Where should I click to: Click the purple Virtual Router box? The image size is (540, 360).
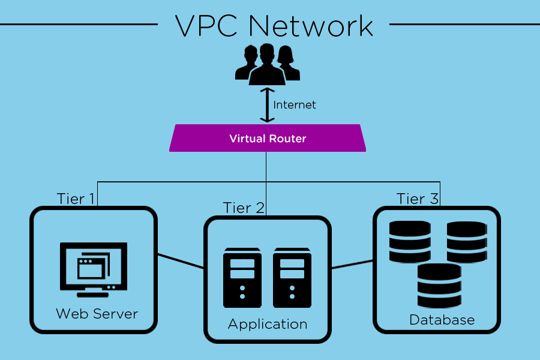click(x=268, y=139)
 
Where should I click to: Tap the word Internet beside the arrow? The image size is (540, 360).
click(x=295, y=105)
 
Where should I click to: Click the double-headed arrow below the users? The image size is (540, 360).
click(x=264, y=104)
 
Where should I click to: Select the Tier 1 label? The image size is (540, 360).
click(x=75, y=199)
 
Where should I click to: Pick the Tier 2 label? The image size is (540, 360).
click(x=244, y=208)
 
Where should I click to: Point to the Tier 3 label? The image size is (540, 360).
click(x=418, y=199)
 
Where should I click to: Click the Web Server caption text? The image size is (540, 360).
click(x=97, y=314)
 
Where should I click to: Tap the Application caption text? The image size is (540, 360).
click(x=268, y=325)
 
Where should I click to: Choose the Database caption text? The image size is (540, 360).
click(x=442, y=320)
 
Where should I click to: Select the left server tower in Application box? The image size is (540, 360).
click(x=242, y=278)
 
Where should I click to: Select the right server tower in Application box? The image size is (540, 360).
click(x=292, y=278)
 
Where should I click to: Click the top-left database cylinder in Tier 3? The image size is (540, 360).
click(x=410, y=241)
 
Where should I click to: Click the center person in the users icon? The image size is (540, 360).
click(x=267, y=65)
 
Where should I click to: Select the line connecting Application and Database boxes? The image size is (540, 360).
click(x=352, y=264)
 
